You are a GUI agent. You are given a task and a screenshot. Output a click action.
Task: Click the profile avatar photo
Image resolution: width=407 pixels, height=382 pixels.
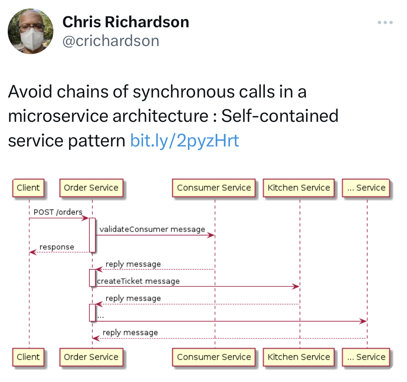pos(31,31)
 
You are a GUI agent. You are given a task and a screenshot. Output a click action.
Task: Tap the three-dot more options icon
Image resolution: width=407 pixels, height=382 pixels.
pos(385,22)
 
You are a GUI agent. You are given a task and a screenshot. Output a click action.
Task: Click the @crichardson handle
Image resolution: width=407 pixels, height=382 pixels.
pos(111,41)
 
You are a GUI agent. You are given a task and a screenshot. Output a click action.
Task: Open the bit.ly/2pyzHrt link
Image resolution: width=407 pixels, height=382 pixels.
pos(185,140)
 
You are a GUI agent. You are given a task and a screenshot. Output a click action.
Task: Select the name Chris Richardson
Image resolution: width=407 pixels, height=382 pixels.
pos(126,22)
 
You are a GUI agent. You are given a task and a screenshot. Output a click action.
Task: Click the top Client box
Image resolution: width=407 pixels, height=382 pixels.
pos(28,188)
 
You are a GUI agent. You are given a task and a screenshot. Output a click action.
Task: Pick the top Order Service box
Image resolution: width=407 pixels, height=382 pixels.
pos(91,188)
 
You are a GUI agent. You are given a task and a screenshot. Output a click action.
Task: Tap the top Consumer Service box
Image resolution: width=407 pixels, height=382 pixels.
pos(214,188)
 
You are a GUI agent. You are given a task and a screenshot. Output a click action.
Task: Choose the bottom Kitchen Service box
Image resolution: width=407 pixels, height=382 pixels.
pos(299,357)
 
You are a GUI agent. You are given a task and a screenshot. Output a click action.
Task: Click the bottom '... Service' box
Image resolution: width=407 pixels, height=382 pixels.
pos(366,357)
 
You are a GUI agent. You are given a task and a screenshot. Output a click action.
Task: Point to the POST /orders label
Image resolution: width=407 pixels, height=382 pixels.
pos(58,212)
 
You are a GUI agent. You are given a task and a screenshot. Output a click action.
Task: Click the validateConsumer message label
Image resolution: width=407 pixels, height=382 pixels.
pos(152,229)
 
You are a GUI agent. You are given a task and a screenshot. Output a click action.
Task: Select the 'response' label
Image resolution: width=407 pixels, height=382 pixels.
pos(57,247)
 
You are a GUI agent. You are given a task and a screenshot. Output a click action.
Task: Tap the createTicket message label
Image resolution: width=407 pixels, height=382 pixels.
pos(138,281)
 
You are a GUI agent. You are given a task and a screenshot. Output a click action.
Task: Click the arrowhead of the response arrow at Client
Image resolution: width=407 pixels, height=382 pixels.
pos(33,252)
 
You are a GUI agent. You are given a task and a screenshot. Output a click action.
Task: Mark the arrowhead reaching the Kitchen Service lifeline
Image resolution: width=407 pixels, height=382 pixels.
pos(296,286)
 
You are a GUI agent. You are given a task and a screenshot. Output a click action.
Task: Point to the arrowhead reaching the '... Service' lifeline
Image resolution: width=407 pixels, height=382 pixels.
pos(363,321)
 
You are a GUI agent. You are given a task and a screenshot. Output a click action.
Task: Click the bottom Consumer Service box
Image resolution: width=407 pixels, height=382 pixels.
pos(214,357)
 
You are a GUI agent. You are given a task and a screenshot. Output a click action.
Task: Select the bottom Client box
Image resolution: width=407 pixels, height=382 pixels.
pos(28,357)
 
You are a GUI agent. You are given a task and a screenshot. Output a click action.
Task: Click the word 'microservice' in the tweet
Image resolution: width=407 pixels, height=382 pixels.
pos(58,116)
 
